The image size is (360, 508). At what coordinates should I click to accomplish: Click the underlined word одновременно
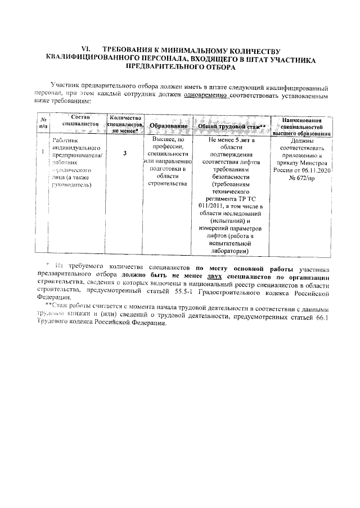[x=204, y=96]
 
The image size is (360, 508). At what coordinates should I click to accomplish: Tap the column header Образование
[x=168, y=128]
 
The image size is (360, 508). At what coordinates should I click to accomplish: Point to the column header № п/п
[x=43, y=124]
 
